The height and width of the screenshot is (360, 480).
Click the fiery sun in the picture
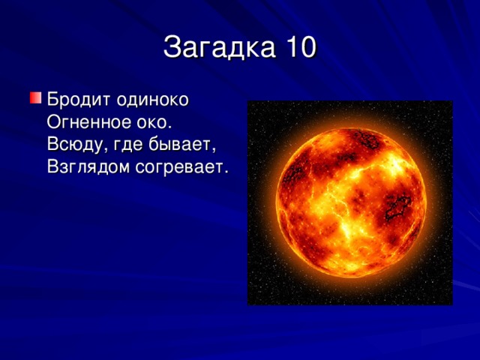pyautogui.click(x=349, y=202)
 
